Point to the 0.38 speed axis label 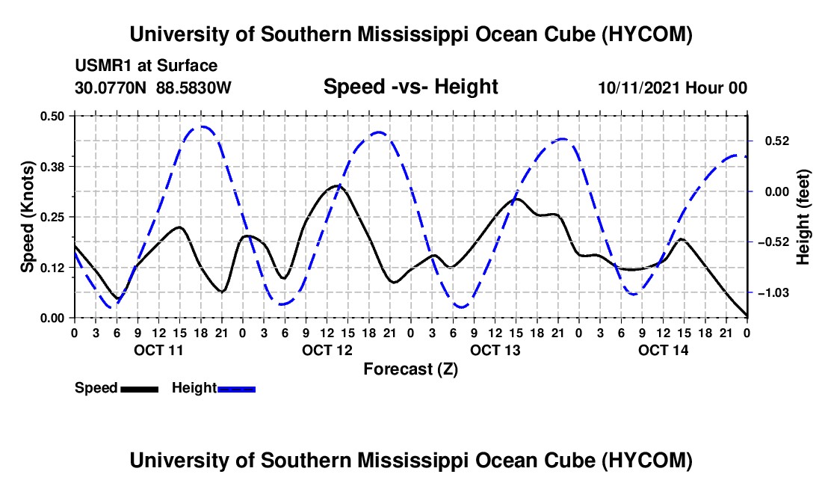[52, 167]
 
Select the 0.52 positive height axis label [777, 141]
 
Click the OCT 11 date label [158, 350]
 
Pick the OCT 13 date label [495, 350]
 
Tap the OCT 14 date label [663, 350]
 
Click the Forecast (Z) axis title [410, 369]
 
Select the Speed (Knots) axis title [27, 217]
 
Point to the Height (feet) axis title [803, 217]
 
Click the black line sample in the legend [140, 389]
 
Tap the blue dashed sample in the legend [236, 389]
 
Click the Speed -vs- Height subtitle [410, 87]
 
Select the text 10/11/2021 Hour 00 [673, 87]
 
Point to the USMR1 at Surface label [146, 66]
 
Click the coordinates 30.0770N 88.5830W [152, 87]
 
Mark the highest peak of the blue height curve [202, 126]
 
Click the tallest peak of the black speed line [336, 185]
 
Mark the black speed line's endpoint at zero [747, 316]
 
